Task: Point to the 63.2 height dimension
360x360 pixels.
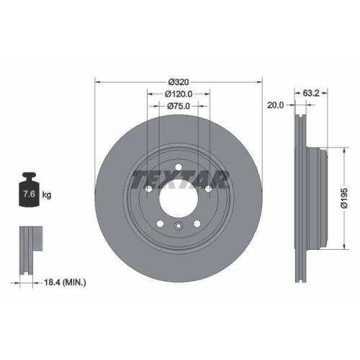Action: click(x=311, y=93)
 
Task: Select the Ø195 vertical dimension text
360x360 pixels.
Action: click(x=346, y=194)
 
